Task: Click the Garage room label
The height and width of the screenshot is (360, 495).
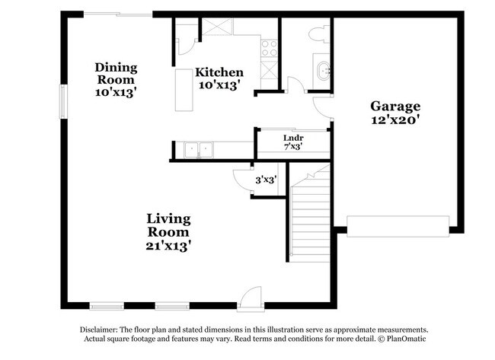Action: (395, 106)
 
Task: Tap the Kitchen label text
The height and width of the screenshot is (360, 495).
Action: (219, 72)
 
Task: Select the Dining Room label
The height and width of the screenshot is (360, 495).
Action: (115, 73)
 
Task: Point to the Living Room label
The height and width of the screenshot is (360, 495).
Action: (168, 225)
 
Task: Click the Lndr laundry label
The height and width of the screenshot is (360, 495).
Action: (283, 137)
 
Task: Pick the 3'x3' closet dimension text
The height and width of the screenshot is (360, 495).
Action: (266, 180)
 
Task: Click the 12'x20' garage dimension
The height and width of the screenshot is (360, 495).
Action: (395, 119)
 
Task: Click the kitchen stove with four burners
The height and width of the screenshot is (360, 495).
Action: (270, 49)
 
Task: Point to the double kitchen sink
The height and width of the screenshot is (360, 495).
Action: (200, 150)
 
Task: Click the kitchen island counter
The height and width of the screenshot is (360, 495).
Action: (184, 91)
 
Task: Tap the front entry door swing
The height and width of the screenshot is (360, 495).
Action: (250, 297)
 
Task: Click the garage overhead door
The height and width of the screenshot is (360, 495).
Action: (398, 228)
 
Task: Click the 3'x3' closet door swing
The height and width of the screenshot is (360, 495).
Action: (242, 180)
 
